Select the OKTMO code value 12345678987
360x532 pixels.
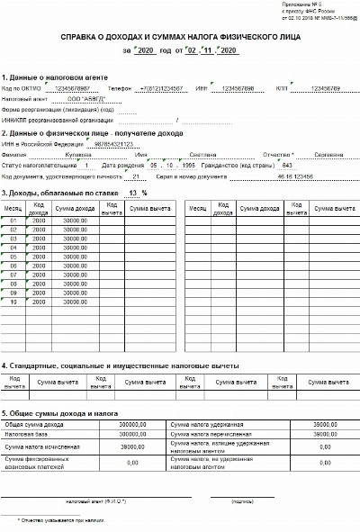point(72,88)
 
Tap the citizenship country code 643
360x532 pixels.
point(287,166)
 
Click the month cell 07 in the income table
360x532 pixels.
point(13,275)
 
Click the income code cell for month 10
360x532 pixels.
point(40,302)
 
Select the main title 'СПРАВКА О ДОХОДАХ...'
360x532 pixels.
point(179,39)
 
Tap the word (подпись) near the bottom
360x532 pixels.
point(243,500)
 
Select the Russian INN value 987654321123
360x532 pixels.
point(112,143)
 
